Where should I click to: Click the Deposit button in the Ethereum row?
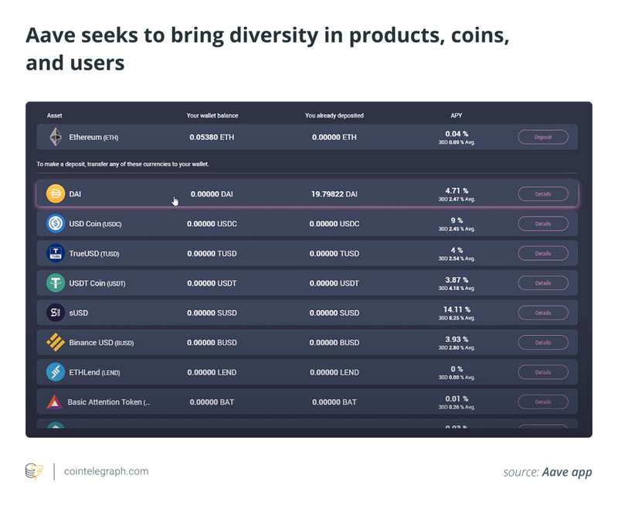click(x=542, y=137)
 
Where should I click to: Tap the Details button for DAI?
click(x=542, y=194)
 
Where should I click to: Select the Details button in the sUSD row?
click(x=542, y=313)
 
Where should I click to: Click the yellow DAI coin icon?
click(x=55, y=194)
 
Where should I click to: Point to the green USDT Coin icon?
click(x=55, y=283)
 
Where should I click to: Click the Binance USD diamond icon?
click(x=55, y=342)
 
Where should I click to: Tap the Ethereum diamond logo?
click(x=55, y=137)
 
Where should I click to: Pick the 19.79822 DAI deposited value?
click(x=334, y=194)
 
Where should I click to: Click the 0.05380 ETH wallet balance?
click(x=211, y=137)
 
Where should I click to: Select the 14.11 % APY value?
click(x=456, y=309)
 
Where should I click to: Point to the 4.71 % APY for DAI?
click(x=456, y=190)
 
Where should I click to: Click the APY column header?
click(x=456, y=115)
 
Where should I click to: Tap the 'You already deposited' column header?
click(x=334, y=115)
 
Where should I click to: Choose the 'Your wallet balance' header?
click(x=212, y=115)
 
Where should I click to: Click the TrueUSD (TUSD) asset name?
click(x=93, y=254)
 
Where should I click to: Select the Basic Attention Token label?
click(x=108, y=402)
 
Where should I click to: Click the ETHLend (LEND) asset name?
click(x=93, y=372)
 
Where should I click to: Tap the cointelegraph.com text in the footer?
click(x=107, y=470)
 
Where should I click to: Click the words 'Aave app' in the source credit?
click(x=567, y=471)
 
